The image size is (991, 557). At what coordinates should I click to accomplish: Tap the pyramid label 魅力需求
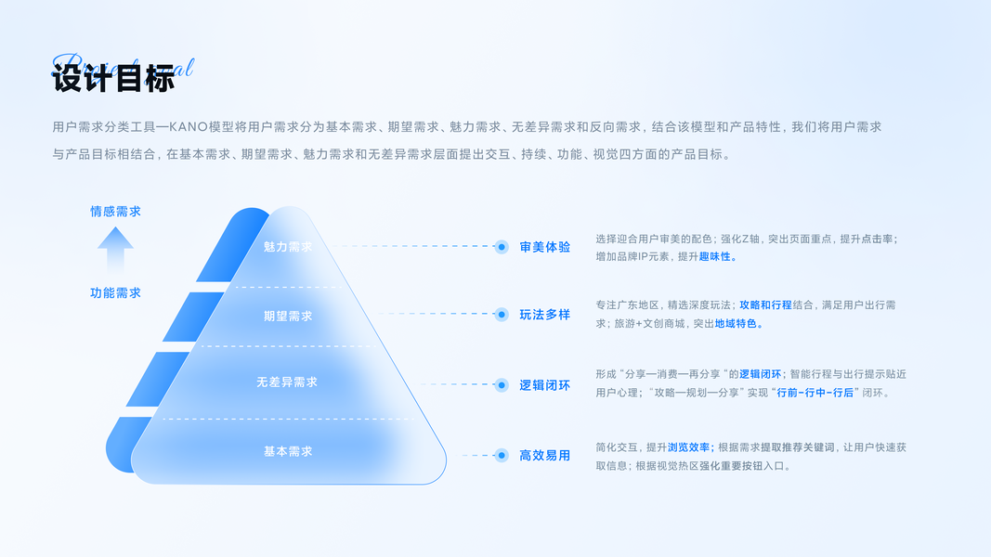coord(288,247)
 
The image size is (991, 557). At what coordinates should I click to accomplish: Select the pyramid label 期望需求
coord(288,316)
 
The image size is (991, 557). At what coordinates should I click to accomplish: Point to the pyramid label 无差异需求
coord(287,382)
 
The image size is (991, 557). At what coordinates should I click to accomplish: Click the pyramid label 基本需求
coord(288,451)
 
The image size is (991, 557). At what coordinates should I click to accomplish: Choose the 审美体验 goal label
coord(545,247)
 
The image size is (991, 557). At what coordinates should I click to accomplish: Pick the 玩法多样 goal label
coord(545,315)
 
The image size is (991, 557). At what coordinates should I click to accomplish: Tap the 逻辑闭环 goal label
coord(545,385)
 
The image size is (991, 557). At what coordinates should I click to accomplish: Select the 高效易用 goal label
coord(545,455)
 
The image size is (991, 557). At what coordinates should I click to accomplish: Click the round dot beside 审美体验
coord(502,247)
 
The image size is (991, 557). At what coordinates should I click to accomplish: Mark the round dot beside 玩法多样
coord(502,315)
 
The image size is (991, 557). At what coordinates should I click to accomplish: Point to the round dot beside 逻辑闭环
coord(502,384)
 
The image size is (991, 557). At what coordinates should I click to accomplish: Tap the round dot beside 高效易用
coord(502,455)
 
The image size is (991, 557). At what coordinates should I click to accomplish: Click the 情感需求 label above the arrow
coord(115,212)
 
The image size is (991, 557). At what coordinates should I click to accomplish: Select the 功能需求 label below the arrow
coord(115,292)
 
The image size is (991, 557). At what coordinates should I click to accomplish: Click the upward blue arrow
coord(115,251)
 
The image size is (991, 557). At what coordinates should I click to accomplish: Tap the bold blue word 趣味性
coord(718,256)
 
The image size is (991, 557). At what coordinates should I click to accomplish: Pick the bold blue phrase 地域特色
coord(738,324)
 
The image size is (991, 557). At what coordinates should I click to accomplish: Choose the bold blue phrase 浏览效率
coord(690,447)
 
